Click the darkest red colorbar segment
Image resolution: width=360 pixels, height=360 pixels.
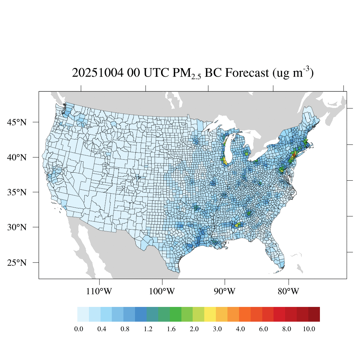click(314, 314)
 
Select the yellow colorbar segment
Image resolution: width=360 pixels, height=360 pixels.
click(210, 314)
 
